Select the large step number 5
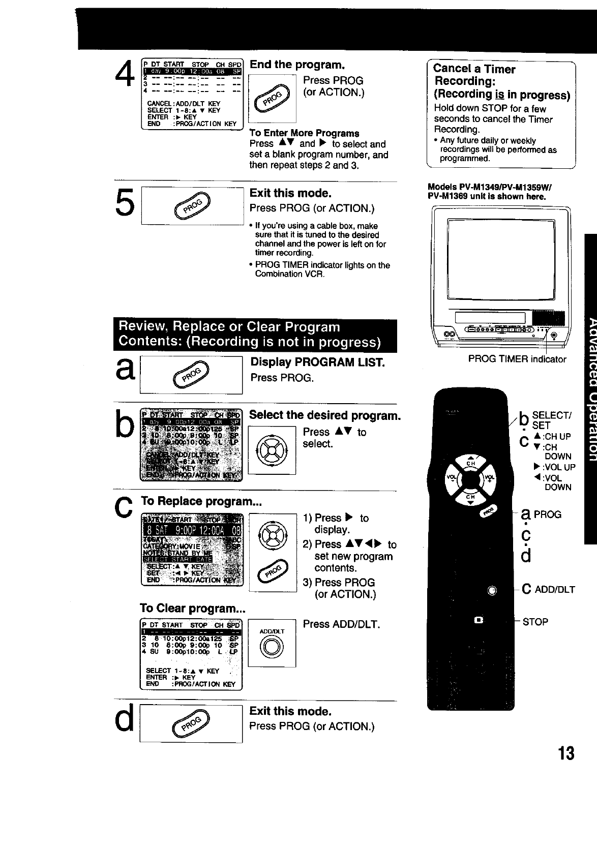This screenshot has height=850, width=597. (x=125, y=202)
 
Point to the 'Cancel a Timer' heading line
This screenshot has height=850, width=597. (x=474, y=69)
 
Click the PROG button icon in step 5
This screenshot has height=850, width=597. (x=193, y=206)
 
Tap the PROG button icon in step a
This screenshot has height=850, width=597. (x=191, y=375)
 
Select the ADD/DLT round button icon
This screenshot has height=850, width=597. (x=272, y=647)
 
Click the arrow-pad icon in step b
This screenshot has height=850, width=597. (x=272, y=450)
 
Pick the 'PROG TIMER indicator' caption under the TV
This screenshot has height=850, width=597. (x=517, y=359)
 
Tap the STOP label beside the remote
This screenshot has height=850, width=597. (x=535, y=622)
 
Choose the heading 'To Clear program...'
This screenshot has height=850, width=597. (x=193, y=609)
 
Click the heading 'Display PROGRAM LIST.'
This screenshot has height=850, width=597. (x=317, y=362)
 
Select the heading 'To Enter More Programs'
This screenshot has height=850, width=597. (x=304, y=133)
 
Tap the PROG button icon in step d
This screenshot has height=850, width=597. (x=191, y=724)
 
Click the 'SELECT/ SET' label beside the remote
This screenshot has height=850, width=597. (x=551, y=420)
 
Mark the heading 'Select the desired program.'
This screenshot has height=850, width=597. (x=324, y=415)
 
